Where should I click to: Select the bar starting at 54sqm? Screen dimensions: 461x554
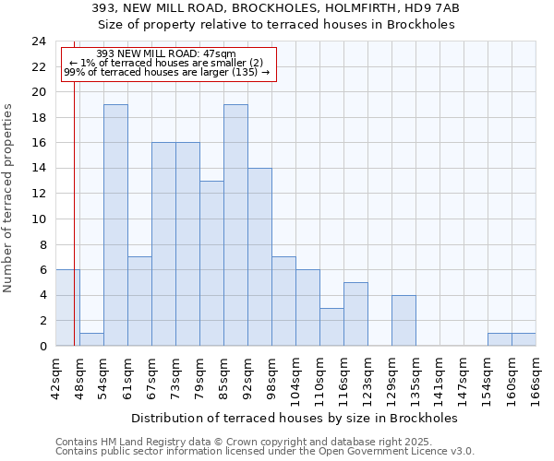[x=115, y=225]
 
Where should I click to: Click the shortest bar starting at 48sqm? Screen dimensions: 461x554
[x=91, y=339]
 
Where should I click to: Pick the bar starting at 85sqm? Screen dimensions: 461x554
[x=235, y=225]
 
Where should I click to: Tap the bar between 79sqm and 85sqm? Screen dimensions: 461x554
[x=211, y=263]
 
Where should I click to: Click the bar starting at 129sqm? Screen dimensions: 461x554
[x=403, y=320]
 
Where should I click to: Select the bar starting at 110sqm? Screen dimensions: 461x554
[x=331, y=326]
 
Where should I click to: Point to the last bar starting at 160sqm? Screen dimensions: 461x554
[x=524, y=339]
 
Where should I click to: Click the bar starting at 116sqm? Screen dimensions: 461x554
[x=355, y=313]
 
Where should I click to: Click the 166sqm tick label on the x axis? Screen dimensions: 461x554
[x=536, y=378]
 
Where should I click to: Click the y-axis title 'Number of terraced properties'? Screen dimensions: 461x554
[x=9, y=197]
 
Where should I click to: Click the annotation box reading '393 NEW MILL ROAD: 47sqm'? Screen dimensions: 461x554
[x=167, y=64]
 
